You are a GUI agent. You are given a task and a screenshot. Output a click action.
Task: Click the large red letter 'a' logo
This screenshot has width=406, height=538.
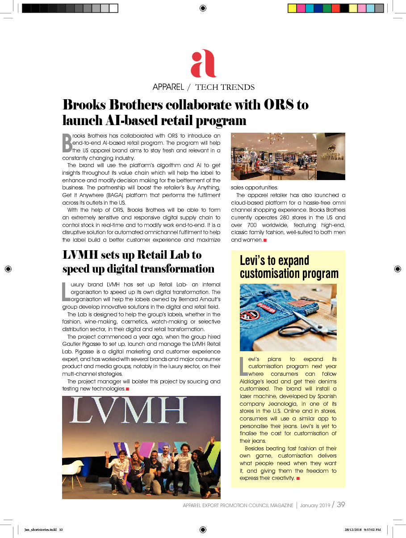(x=203, y=63)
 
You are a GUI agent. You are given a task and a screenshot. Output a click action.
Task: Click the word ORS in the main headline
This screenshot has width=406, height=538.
(x=279, y=105)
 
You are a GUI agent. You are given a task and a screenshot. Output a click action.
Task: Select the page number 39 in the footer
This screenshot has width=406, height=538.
(x=341, y=505)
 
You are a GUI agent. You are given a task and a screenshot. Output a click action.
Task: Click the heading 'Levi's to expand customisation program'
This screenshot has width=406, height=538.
(x=289, y=267)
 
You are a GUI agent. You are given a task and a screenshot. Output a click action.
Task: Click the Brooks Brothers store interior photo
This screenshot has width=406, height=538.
(x=288, y=156)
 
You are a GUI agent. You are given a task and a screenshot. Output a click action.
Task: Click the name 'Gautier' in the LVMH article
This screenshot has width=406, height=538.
(x=73, y=344)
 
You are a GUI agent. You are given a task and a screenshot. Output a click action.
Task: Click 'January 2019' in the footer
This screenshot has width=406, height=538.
(x=315, y=505)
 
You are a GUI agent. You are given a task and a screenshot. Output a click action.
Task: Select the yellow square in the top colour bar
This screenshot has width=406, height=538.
(x=292, y=8)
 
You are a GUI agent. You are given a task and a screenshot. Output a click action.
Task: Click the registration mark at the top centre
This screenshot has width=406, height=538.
(x=203, y=8)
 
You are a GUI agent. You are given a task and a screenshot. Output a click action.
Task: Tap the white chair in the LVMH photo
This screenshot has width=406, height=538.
(x=73, y=468)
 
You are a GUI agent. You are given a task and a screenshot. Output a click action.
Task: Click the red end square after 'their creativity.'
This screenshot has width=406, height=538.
(x=298, y=479)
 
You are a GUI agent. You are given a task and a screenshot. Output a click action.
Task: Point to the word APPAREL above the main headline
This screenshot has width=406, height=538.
(x=168, y=87)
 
